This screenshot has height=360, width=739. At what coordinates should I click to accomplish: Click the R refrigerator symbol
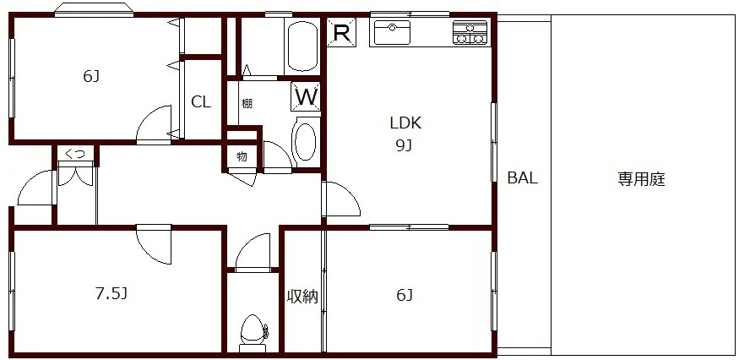tap(341, 31)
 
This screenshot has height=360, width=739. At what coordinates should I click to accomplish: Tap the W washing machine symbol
tap(306, 96)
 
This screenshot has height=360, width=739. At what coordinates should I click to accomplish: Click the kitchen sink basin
tap(393, 33)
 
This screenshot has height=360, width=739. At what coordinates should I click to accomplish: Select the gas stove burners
tap(470, 33)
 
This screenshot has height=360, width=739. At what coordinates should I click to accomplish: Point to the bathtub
tap(302, 46)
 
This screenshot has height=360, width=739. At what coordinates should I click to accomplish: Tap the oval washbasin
tap(306, 141)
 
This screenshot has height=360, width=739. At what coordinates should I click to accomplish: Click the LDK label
tap(405, 123)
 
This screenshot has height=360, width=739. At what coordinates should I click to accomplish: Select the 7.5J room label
tap(111, 293)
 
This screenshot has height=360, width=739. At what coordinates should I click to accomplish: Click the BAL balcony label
tap(523, 177)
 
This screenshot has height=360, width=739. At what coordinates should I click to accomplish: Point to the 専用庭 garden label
tap(641, 179)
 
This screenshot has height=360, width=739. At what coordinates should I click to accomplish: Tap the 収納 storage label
tap(303, 297)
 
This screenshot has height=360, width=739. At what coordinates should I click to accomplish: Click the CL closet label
tap(201, 102)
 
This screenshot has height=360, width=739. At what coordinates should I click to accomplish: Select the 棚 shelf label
tap(247, 103)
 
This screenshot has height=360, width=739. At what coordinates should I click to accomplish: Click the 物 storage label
tap(242, 157)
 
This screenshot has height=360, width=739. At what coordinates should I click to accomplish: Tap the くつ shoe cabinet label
tap(75, 153)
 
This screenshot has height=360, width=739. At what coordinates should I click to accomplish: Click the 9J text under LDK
tap(405, 147)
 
